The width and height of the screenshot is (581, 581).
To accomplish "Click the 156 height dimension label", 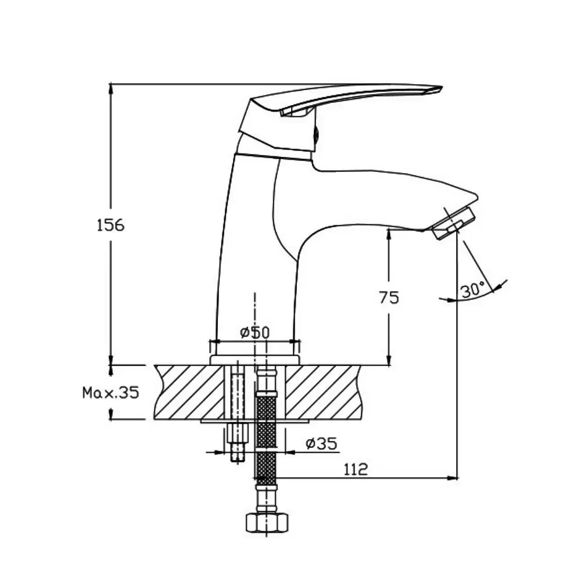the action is coord(110,225).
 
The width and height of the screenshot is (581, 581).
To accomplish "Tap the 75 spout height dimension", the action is coord(389,297).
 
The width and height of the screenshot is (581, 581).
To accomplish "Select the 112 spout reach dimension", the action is coord(356,469).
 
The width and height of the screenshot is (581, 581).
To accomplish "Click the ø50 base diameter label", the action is coord(254,332).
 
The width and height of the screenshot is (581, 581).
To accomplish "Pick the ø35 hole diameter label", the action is coord(322,443).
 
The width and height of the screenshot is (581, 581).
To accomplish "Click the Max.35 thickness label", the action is coord(110,392).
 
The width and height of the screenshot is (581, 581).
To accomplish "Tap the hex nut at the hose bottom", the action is coord(267,523).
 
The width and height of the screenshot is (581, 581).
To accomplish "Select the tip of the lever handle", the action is coord(442,88).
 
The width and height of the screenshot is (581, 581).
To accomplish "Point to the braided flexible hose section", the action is coord(267,437).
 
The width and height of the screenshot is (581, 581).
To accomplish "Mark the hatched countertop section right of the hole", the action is coord(322,392).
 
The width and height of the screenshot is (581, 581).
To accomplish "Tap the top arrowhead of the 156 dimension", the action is coord(110,89).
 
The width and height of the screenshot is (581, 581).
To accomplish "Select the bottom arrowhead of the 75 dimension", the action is coord(389,360).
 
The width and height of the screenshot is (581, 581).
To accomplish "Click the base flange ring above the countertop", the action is coord(254,360).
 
